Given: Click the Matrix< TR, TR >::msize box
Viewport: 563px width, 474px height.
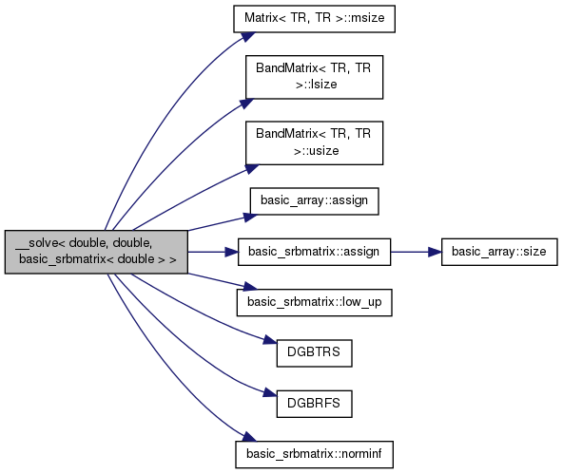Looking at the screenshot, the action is pyautogui.click(x=314, y=19).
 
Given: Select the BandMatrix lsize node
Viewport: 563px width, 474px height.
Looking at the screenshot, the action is pyautogui.click(x=314, y=77).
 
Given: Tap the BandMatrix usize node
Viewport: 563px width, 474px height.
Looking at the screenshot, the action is pyautogui.click(x=314, y=143).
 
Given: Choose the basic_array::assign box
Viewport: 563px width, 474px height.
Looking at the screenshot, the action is pyautogui.click(x=314, y=201).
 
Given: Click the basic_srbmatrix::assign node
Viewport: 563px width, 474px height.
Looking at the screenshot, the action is pyautogui.click(x=314, y=252).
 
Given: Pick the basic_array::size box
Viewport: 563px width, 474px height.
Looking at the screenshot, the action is pyautogui.click(x=499, y=252).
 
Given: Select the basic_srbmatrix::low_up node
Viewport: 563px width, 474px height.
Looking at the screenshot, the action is pyautogui.click(x=314, y=303).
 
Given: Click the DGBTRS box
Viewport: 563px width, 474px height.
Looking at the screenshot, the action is pyautogui.click(x=314, y=353).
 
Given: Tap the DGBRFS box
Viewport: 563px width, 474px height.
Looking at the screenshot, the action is pyautogui.click(x=314, y=404).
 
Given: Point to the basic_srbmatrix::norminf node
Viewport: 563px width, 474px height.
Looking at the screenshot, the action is pyautogui.click(x=314, y=455).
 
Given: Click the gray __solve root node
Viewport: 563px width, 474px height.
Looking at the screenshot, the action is pyautogui.click(x=96, y=252).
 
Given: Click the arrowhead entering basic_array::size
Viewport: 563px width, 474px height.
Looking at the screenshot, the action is pyautogui.click(x=435, y=252).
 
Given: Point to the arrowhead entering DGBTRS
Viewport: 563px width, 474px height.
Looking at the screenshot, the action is pyautogui.click(x=270, y=340).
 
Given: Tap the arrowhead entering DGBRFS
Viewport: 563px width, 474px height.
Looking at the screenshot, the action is pyautogui.click(x=270, y=392).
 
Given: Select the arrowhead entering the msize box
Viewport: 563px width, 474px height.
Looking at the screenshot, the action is pyautogui.click(x=248, y=37).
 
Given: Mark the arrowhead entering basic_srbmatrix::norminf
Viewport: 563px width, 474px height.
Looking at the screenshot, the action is pyautogui.click(x=249, y=437).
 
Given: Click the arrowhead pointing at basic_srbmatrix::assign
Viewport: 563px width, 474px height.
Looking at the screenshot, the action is pyautogui.click(x=232, y=252).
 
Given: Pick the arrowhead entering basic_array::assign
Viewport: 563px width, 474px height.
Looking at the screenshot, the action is pyautogui.click(x=251, y=217).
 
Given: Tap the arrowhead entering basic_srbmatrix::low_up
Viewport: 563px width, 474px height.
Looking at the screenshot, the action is pyautogui.click(x=250, y=287).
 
